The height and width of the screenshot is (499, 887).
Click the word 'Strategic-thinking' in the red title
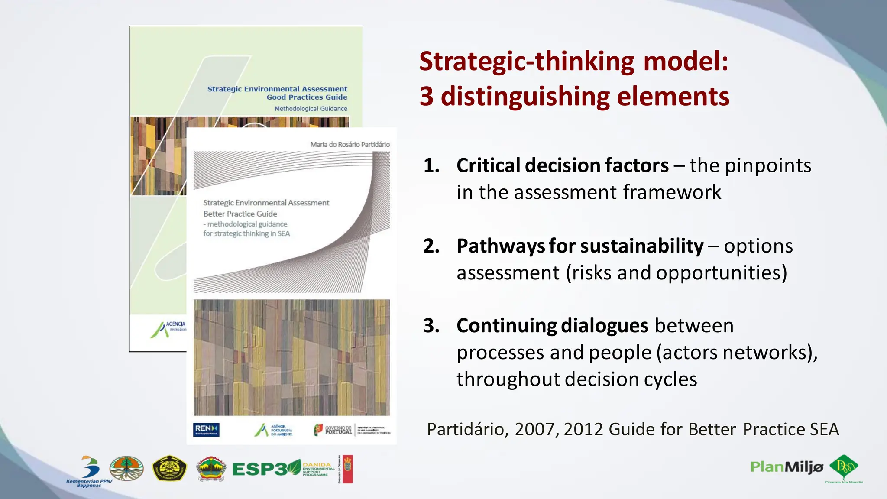click(x=527, y=62)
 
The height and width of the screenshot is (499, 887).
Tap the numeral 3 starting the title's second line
click(x=427, y=96)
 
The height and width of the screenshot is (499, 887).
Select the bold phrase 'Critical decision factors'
click(x=562, y=165)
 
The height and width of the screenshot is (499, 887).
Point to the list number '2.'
click(x=431, y=246)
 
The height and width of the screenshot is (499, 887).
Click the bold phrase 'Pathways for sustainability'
click(x=580, y=246)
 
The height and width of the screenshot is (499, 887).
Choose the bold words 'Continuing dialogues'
click(x=552, y=326)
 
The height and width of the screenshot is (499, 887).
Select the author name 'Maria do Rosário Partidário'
click(x=350, y=145)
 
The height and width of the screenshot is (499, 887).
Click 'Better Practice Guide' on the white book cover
click(x=240, y=214)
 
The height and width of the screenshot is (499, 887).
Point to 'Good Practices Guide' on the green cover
click(x=307, y=97)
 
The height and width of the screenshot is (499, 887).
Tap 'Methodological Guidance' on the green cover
click(x=311, y=109)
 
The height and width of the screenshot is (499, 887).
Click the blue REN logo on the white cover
click(x=206, y=429)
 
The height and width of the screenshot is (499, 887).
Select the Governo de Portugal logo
click(x=333, y=430)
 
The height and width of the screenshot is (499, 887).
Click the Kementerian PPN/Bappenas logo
click(x=89, y=471)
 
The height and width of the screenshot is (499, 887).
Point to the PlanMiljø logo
click(x=786, y=467)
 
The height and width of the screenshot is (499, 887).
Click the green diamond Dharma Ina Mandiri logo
click(x=844, y=467)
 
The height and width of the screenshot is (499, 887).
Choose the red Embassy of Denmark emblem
click(x=347, y=469)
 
